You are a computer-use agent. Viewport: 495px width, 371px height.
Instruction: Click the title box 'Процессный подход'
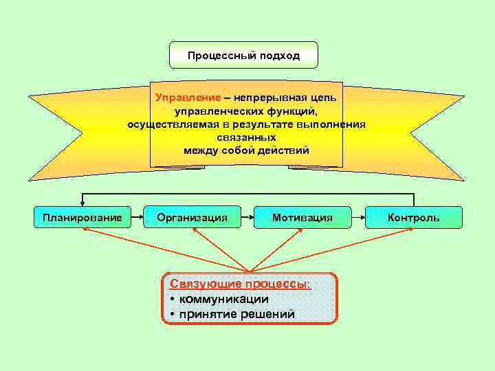[x=244, y=55]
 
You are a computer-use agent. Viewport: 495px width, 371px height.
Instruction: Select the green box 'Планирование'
[x=82, y=217]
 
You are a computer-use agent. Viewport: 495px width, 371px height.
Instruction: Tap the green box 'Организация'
[x=192, y=217]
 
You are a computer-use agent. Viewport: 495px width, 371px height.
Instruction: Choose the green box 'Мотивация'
[x=302, y=217]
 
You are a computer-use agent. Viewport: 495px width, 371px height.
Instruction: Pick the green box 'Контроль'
[x=413, y=217]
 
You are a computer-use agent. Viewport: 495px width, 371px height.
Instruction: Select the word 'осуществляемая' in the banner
[x=168, y=124]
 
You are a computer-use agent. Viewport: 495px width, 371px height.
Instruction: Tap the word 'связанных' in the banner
[x=246, y=137]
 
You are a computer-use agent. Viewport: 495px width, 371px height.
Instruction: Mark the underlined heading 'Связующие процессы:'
[x=240, y=284]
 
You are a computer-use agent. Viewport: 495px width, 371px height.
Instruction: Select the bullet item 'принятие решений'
[x=236, y=314]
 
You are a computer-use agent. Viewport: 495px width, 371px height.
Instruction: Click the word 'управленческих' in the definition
[x=212, y=111]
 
